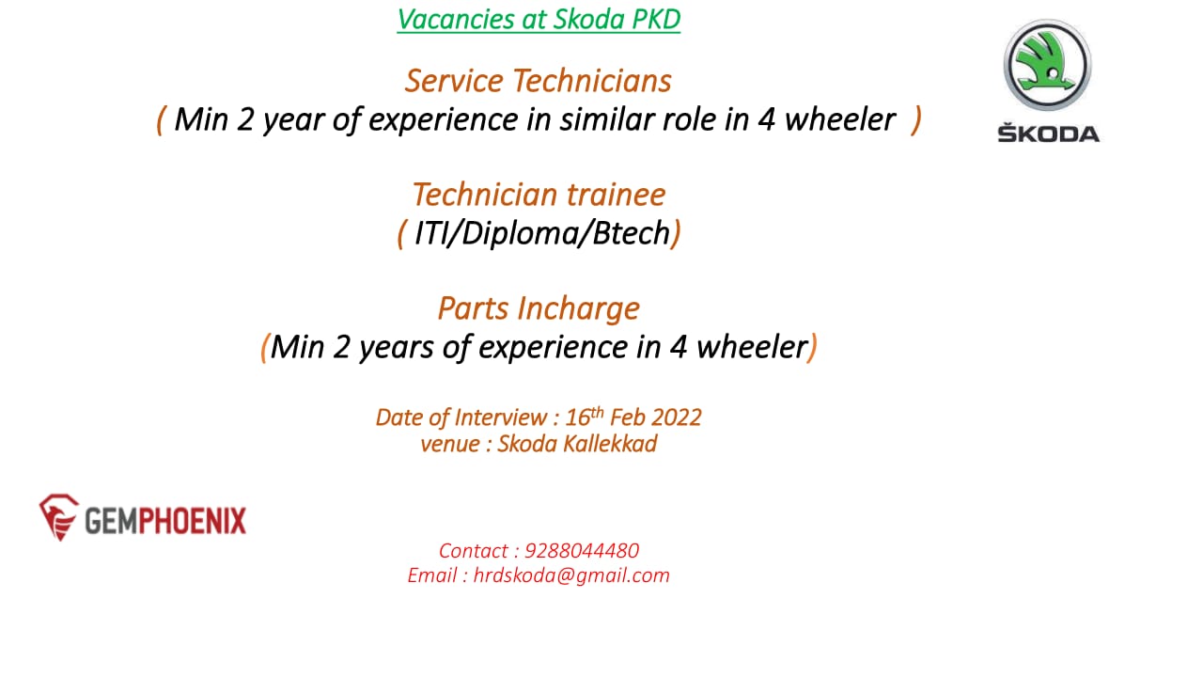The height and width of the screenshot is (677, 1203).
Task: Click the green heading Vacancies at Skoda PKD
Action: pos(539,20)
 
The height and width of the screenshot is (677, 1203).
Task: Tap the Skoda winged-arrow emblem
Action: pos(1047,65)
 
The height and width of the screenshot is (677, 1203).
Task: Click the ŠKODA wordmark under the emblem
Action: pos(1048,133)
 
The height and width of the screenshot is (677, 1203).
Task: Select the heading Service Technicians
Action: pos(539,81)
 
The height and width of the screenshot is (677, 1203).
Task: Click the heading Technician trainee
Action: pos(539,195)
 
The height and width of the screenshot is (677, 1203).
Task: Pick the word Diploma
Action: pos(521,234)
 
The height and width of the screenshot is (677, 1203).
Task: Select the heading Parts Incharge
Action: pos(539,309)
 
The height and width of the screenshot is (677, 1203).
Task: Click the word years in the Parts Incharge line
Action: pos(397,348)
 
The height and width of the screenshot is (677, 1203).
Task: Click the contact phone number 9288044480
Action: pos(582,551)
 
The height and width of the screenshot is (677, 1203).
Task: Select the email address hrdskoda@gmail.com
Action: pos(571,575)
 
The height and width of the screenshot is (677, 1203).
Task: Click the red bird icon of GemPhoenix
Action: pos(59,517)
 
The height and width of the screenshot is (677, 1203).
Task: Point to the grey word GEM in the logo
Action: pos(111,520)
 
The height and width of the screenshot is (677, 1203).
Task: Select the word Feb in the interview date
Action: pos(629,417)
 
